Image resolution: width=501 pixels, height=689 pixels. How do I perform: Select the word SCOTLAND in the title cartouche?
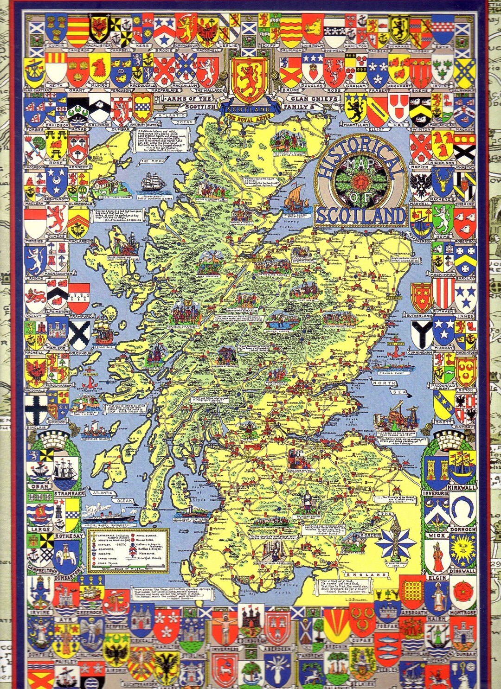360,215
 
